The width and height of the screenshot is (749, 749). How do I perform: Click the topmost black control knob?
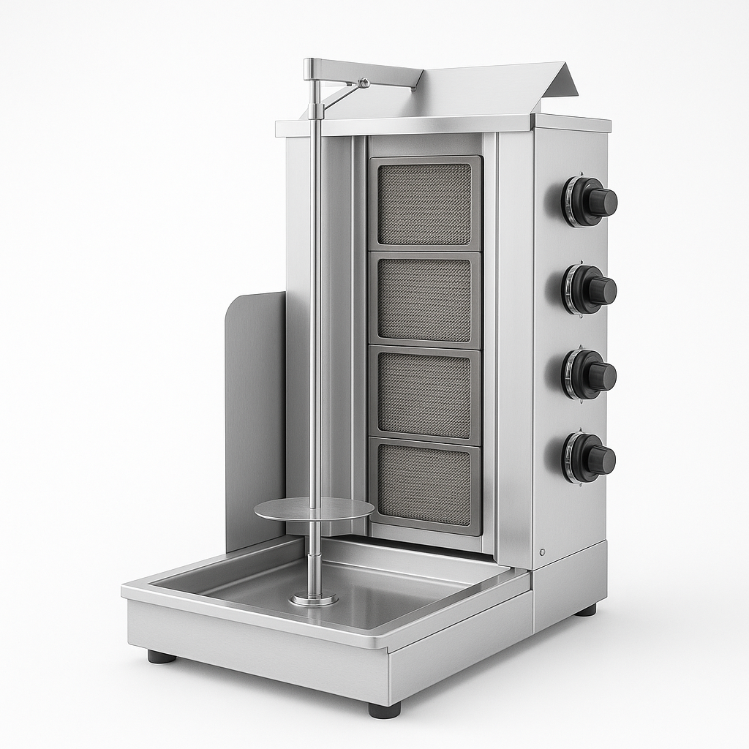[591, 201]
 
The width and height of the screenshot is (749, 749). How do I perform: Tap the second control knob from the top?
[590, 290]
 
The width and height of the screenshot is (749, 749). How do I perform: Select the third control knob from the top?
[590, 375]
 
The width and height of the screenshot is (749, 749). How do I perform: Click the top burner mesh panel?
[425, 203]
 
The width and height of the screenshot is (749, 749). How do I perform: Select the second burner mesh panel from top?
[425, 300]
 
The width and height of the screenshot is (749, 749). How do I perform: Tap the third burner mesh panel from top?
[425, 396]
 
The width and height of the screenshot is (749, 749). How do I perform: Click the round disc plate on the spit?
[314, 509]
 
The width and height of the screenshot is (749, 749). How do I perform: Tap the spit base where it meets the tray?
[314, 598]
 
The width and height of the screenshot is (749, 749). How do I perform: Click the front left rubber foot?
[162, 657]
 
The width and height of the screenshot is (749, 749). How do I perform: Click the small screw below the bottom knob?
[543, 552]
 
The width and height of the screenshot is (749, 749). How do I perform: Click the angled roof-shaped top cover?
[497, 91]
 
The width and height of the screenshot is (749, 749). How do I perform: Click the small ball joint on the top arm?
[363, 83]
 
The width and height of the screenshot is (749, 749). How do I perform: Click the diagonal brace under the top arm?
[339, 96]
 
